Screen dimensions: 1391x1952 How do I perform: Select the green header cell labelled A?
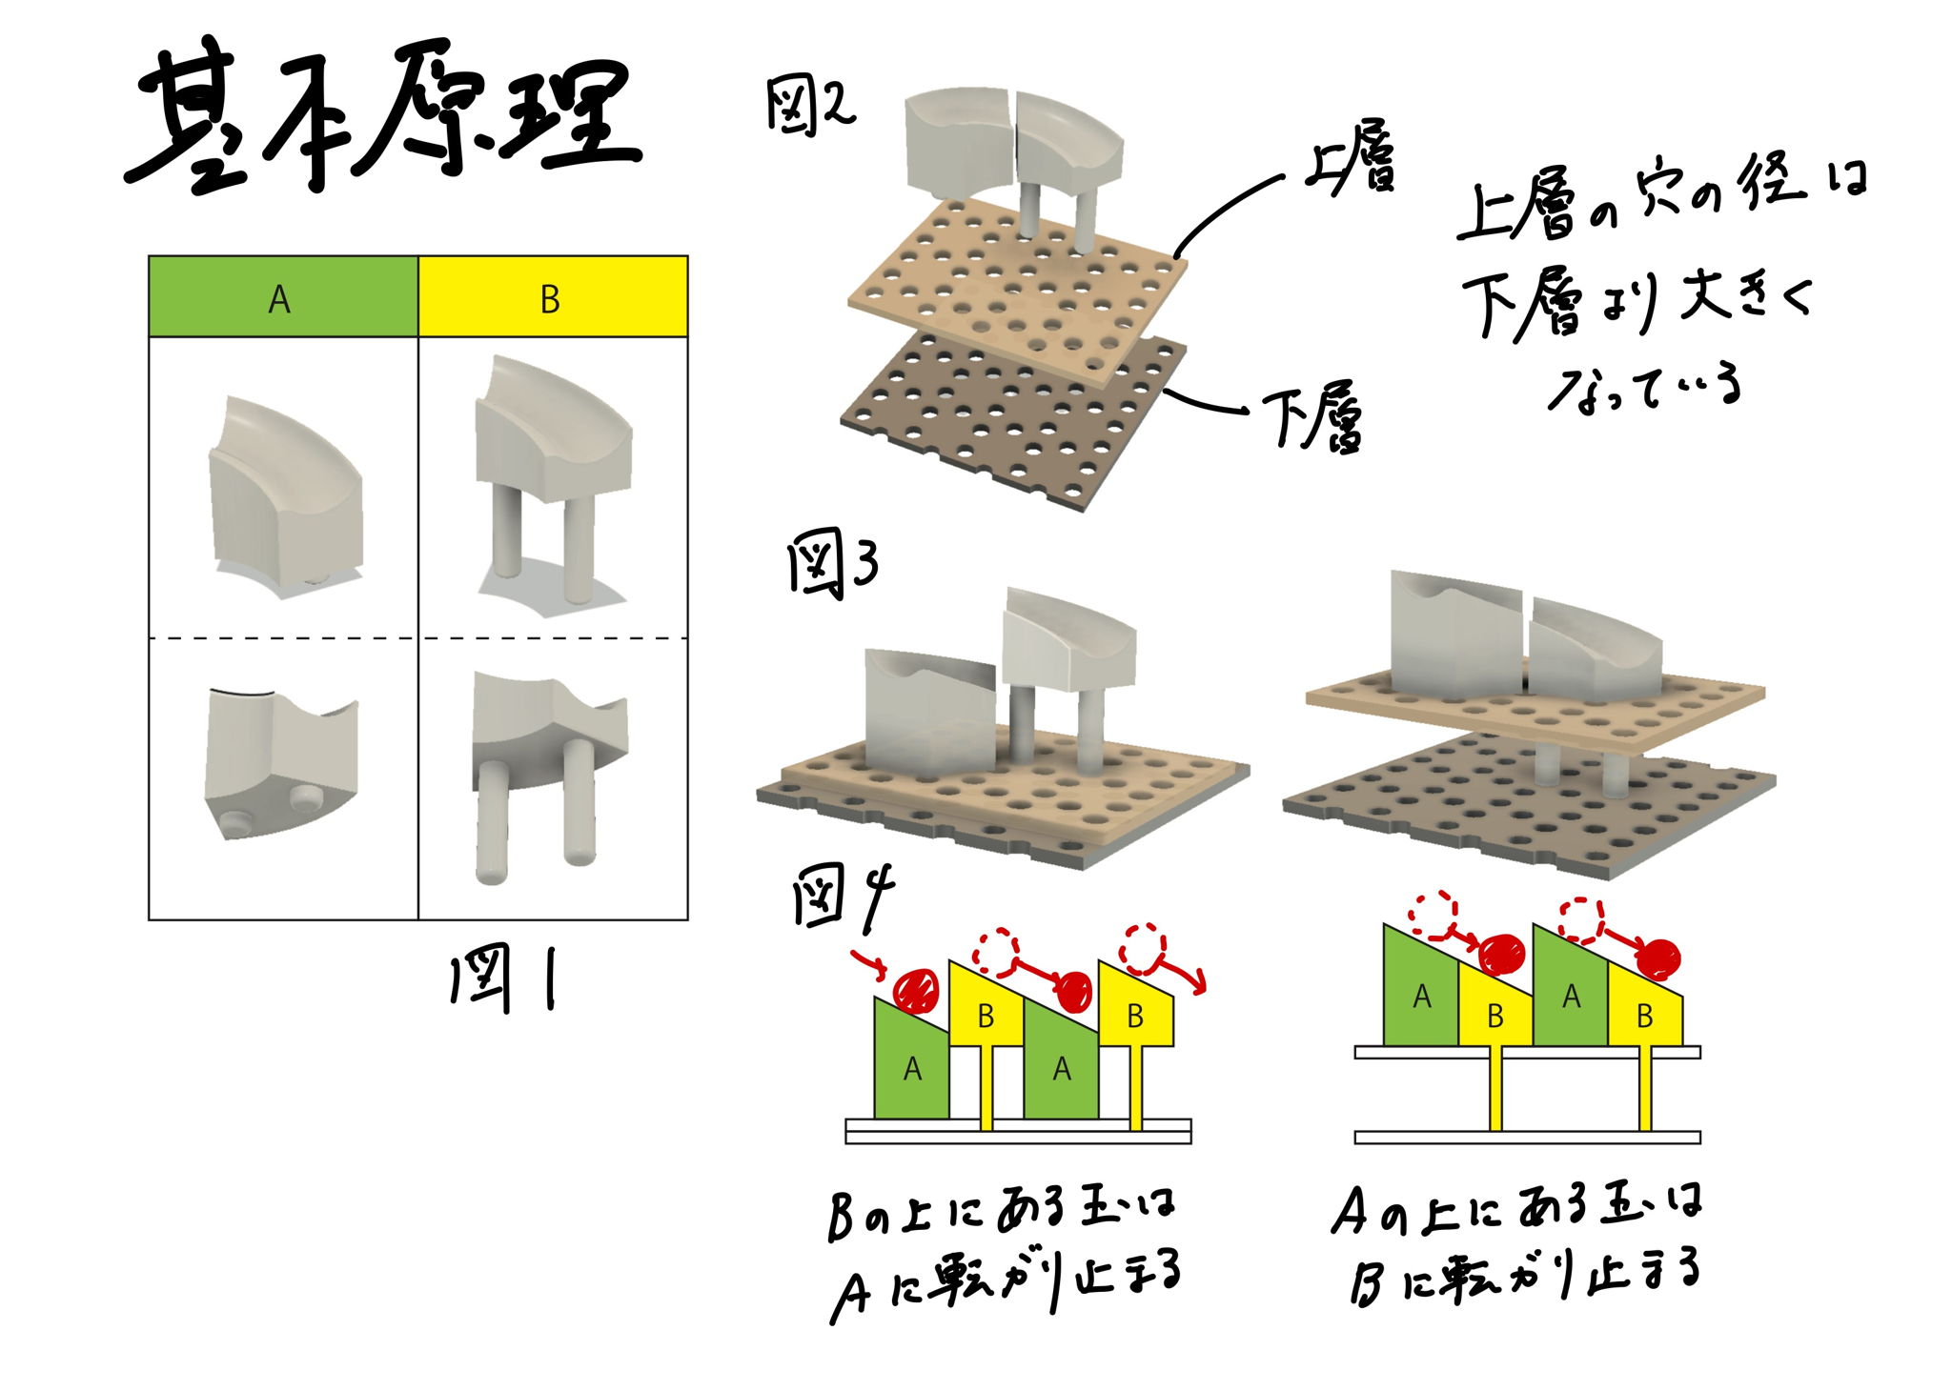(283, 296)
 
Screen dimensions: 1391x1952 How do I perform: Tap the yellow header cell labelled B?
(553, 296)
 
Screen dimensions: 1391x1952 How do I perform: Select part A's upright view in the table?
(284, 491)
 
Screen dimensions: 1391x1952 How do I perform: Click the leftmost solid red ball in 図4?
(918, 991)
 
